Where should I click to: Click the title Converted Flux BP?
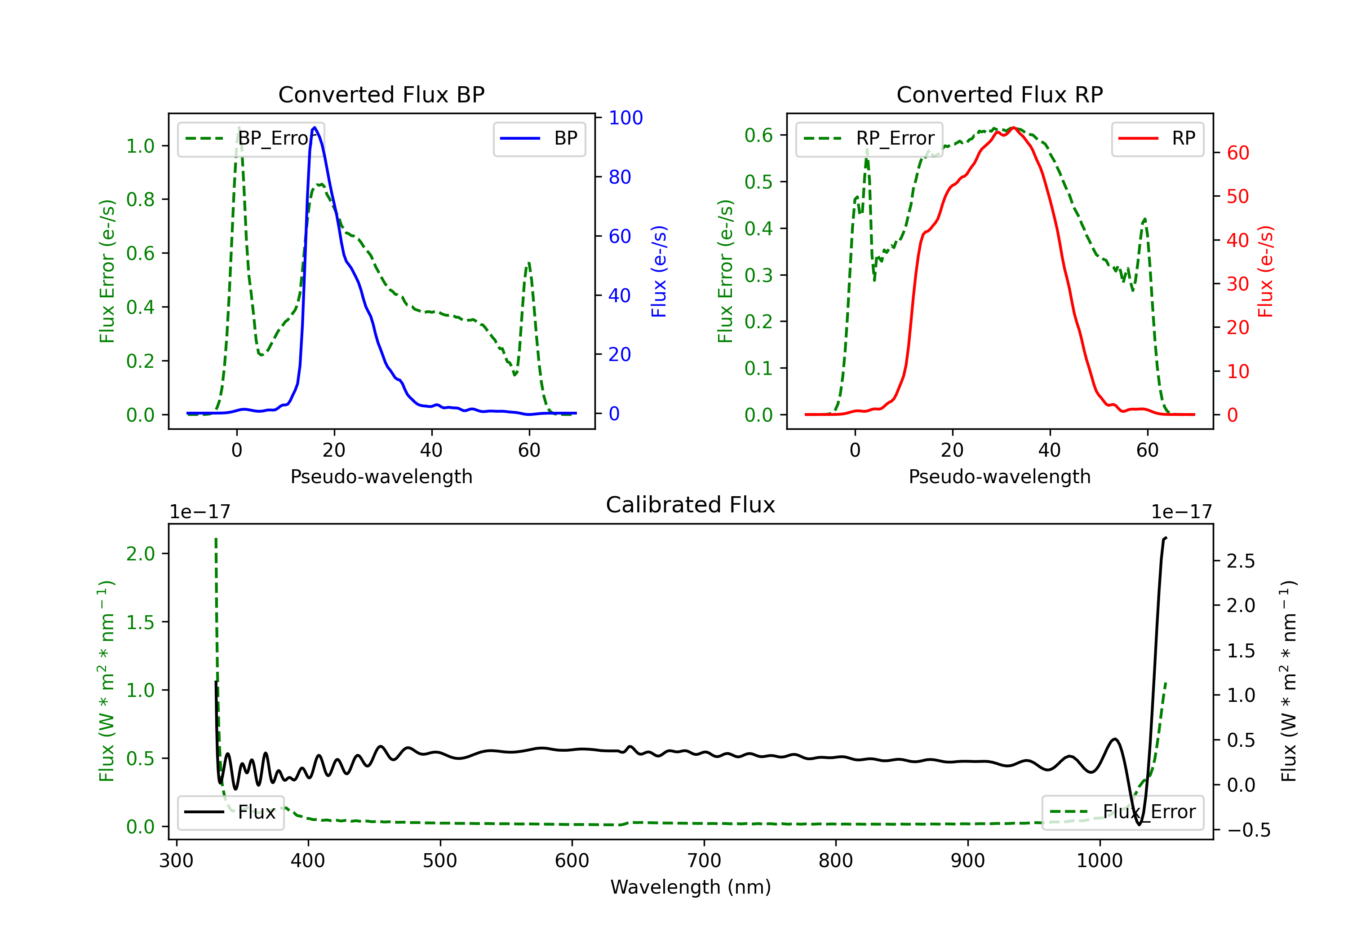[x=381, y=94]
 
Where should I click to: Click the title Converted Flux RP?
[x=999, y=94]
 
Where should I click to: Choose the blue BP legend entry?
[x=539, y=138]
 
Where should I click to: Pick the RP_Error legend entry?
[x=869, y=138]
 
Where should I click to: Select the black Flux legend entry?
[x=231, y=812]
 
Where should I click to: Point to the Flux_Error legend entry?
[x=1122, y=812]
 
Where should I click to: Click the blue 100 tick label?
[x=625, y=118]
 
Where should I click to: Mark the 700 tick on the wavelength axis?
[x=704, y=860]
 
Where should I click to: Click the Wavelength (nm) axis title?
[x=691, y=887]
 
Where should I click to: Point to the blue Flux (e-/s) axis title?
[x=659, y=271]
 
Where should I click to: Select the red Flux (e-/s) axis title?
[x=1265, y=271]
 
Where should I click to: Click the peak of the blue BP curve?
[x=315, y=128]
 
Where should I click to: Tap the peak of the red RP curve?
[x=1013, y=128]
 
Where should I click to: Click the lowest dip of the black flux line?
[x=1140, y=824]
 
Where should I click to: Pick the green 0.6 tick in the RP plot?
[x=758, y=136]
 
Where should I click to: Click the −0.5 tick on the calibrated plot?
[x=1248, y=830]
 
